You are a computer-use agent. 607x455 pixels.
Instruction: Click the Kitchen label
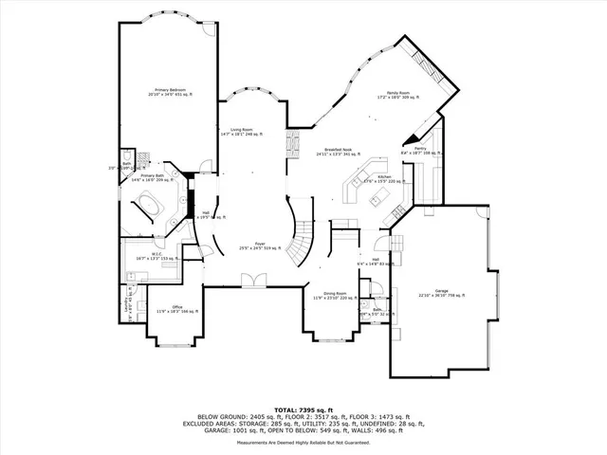pos(384,177)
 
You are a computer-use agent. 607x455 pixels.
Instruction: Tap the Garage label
pos(441,291)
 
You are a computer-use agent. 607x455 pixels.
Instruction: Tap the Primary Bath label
pos(154,175)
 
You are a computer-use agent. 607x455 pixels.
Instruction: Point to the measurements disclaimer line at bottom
pos(303,442)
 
